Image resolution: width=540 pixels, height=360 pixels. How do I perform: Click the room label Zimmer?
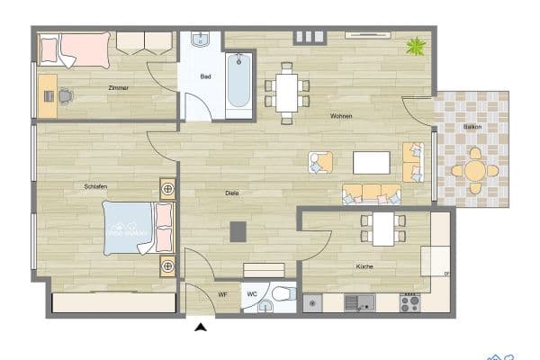(x=117, y=87)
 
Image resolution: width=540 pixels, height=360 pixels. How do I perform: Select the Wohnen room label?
(x=341, y=116)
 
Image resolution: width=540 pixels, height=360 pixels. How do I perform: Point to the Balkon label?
(x=472, y=127)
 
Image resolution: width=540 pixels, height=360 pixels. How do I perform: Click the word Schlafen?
(x=96, y=186)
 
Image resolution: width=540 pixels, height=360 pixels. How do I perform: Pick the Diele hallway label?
(x=232, y=193)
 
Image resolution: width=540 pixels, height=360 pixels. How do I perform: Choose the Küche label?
(x=364, y=267)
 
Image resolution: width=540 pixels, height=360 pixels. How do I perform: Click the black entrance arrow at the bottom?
(x=201, y=328)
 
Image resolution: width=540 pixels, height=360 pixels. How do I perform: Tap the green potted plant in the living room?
(x=416, y=44)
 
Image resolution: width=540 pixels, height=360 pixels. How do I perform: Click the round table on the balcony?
(x=473, y=169)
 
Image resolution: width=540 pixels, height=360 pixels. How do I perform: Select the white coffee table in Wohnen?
(x=372, y=163)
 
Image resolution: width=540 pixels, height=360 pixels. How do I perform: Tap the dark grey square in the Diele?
(x=238, y=231)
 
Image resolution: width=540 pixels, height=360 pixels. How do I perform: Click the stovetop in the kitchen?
(x=410, y=303)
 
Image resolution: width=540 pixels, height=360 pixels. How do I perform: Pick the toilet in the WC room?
(x=283, y=295)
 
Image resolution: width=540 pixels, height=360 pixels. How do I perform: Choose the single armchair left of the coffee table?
(x=320, y=162)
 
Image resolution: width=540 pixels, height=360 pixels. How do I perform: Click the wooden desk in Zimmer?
(x=48, y=95)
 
